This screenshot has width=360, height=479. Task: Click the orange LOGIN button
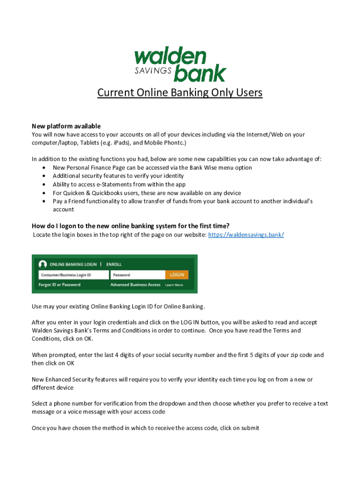coord(177,275)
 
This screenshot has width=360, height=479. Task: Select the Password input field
coord(137,275)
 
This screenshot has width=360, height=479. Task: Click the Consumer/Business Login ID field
coord(73,275)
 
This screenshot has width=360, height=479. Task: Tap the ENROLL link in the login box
coord(114,264)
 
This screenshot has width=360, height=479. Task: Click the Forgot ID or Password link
coord(59,285)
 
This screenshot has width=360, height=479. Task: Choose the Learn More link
coord(174,285)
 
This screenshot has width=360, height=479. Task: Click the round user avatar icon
coord(43,264)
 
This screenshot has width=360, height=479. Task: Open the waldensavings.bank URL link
coord(245,234)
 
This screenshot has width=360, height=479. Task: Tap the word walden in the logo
coord(170,57)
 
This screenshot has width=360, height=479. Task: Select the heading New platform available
coord(66,126)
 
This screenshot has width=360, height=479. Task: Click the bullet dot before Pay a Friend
coord(43,201)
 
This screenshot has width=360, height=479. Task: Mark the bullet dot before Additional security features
coord(43,176)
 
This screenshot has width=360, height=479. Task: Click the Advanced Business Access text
coord(135,285)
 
